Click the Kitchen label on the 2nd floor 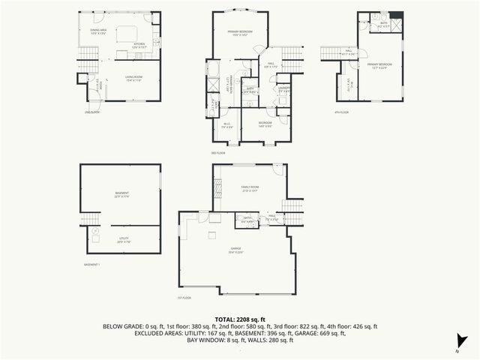pyautogui.click(x=139, y=45)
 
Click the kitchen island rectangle pyautogui.click(x=125, y=33)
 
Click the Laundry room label pyautogui.click(x=283, y=90)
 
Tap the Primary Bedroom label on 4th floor pyautogui.click(x=377, y=67)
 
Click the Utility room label pyautogui.click(x=124, y=241)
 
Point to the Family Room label pyautogui.click(x=249, y=188)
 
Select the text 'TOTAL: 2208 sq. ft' pyautogui.click(x=239, y=319)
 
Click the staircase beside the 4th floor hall pyautogui.click(x=331, y=52)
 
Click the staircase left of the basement pyautogui.click(x=89, y=218)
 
